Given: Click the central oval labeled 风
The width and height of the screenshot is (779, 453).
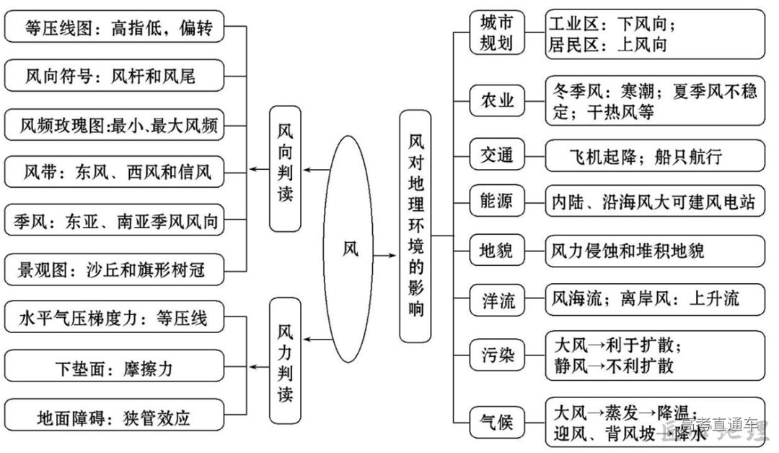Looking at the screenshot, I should (x=351, y=249).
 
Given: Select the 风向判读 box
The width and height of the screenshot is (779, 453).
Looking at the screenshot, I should (x=285, y=169).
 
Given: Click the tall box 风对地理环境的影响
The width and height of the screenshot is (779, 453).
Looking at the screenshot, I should (x=415, y=226).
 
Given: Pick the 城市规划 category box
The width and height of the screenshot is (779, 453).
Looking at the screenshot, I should (x=497, y=33).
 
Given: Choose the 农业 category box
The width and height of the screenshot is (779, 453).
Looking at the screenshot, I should (x=497, y=100).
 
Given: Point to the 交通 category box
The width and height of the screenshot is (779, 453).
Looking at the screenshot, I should (x=497, y=155).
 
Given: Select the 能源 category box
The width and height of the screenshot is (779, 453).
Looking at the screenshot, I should (x=497, y=202).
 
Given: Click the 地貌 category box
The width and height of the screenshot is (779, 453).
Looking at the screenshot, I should (x=497, y=251).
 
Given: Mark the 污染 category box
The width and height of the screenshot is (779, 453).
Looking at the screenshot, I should (x=497, y=355).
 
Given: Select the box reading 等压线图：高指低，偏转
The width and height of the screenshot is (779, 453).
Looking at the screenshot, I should (x=115, y=28).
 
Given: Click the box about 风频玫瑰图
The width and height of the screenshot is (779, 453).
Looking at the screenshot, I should (x=115, y=125).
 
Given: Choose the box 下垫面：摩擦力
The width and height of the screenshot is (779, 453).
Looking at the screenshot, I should (x=115, y=369).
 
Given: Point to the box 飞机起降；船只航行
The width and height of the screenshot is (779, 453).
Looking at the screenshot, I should (x=654, y=155).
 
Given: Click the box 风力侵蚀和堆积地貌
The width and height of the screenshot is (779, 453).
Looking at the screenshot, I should (x=654, y=251).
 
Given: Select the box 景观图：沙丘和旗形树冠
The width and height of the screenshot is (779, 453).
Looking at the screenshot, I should (x=115, y=270).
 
